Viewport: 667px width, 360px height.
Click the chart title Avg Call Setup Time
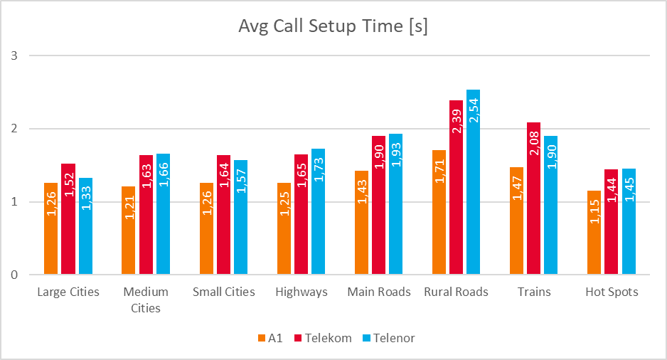pos(333,27)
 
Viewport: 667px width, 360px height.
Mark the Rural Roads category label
pos(456,292)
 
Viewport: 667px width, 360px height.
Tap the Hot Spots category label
pos(611,292)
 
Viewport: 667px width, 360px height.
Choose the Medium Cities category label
pos(146,300)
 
